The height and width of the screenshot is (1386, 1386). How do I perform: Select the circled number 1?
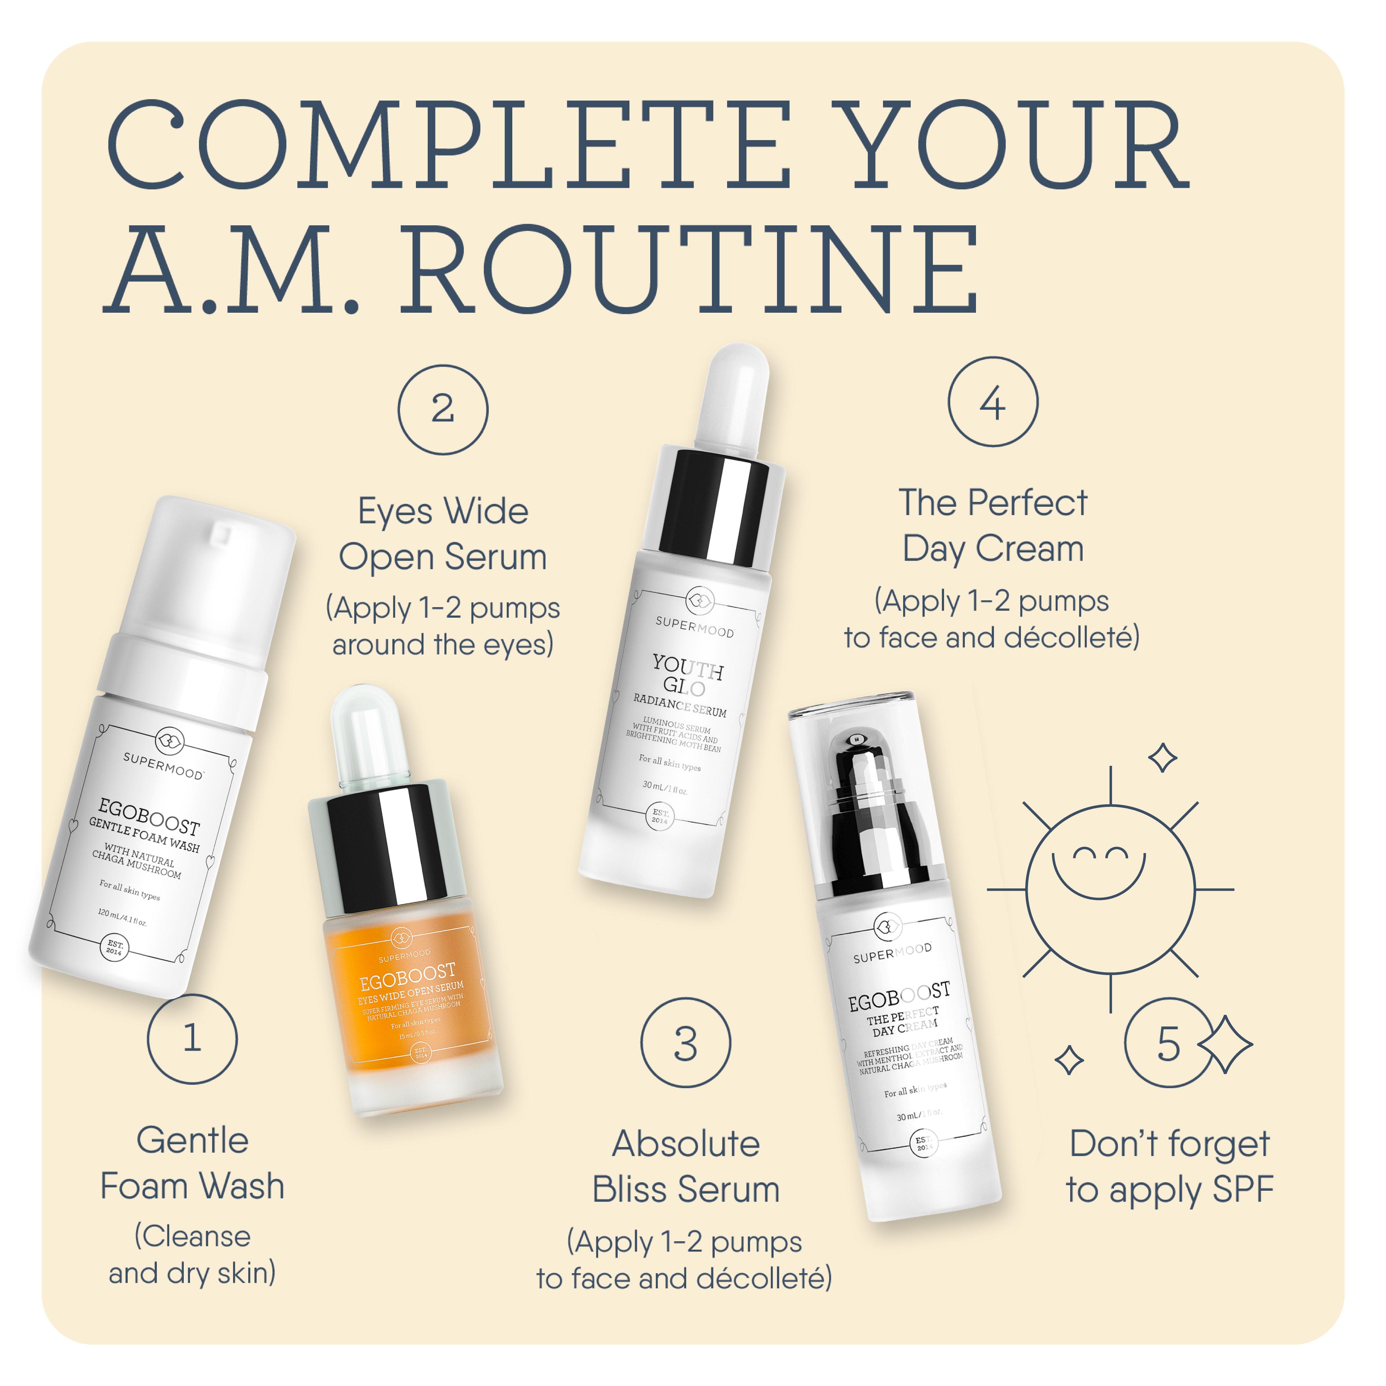click(192, 1038)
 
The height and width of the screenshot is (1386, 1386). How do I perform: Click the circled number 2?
click(443, 409)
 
